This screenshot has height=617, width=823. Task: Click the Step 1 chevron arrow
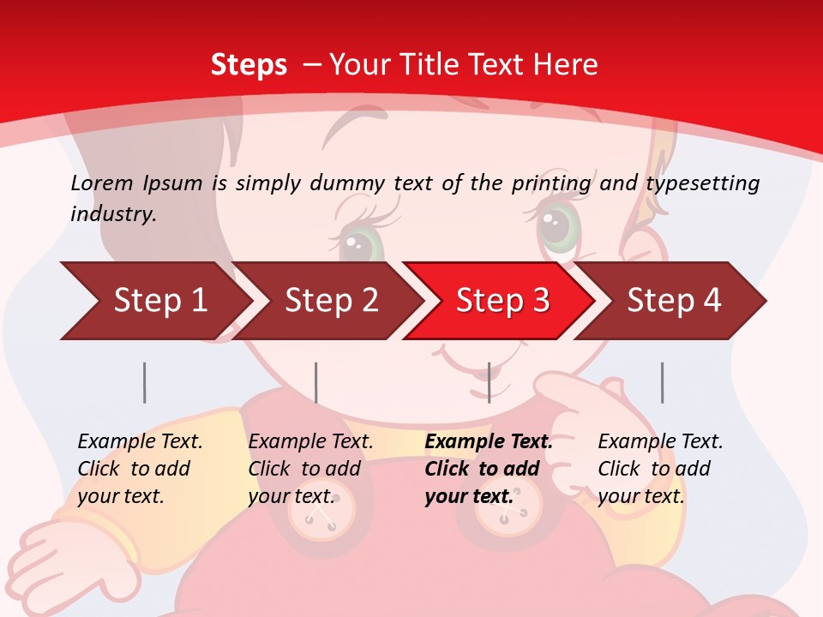pos(154,301)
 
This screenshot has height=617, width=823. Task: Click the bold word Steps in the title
pos(249,64)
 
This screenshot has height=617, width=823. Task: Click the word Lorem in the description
pos(101,183)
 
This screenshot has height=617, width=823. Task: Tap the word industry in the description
pos(112,214)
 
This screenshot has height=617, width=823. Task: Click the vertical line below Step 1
pos(145,382)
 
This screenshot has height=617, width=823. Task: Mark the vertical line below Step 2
pos(316,382)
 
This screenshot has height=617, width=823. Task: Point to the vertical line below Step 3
pos(489,382)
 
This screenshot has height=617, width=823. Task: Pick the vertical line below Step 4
pos(662,382)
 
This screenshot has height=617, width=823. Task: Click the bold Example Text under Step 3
pos(488,442)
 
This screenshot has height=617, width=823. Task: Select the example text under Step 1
pos(140,469)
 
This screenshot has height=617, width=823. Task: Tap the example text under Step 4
pos(659,469)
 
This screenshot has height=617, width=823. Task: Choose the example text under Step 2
pos(310,469)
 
